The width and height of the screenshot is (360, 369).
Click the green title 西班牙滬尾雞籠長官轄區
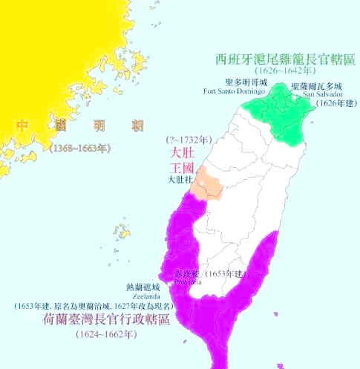283,58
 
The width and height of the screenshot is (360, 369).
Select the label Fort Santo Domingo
234,91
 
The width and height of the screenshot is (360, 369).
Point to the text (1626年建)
336,103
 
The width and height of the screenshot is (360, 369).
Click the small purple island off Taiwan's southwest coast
184,342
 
